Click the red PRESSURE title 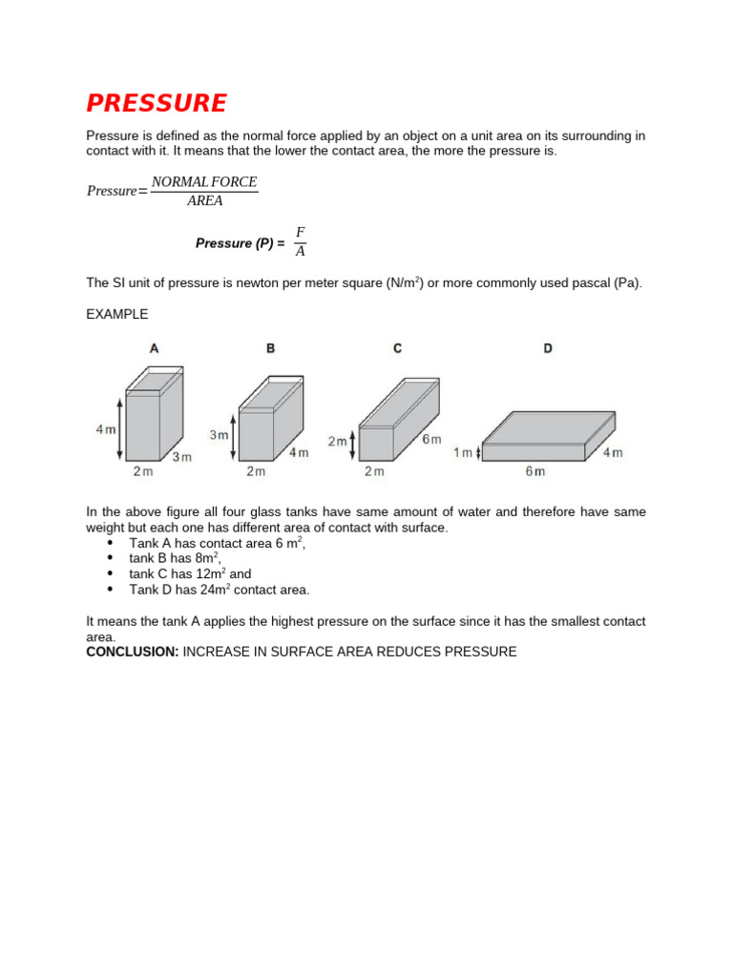[x=157, y=103]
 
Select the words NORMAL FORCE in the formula [x=204, y=181]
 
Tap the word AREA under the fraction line [x=204, y=201]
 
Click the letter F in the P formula [x=300, y=233]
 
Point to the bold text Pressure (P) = [x=240, y=243]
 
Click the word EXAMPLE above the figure [x=117, y=314]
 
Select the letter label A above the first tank [x=154, y=349]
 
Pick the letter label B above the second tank [x=270, y=349]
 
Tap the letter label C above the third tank [x=397, y=349]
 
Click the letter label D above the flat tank [x=548, y=349]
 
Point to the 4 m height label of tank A [x=105, y=429]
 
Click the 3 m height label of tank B [x=220, y=435]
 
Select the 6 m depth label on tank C [x=432, y=439]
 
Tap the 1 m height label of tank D [x=464, y=453]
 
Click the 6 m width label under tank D [x=534, y=471]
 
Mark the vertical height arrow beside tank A [x=120, y=427]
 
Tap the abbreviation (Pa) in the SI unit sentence [x=627, y=283]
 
